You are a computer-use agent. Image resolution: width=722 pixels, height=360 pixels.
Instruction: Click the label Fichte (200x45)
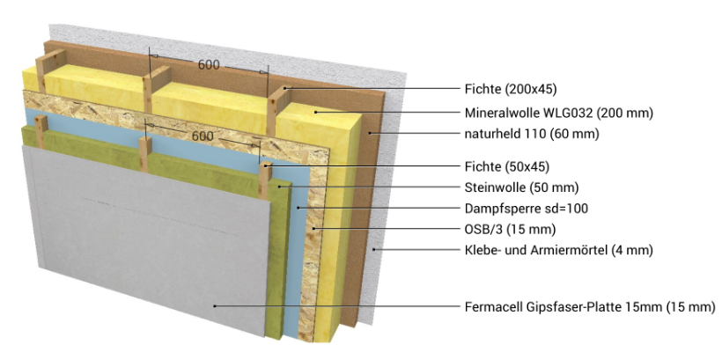pos(511,89)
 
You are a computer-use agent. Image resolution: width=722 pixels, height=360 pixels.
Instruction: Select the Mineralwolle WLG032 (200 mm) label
pos(559,113)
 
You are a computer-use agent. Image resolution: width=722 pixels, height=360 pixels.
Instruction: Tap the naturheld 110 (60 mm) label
pos(532,134)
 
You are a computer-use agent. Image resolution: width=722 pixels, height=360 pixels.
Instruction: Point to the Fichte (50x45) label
pos(507,166)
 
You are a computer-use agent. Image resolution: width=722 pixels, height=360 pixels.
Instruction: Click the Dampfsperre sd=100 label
pos(527,209)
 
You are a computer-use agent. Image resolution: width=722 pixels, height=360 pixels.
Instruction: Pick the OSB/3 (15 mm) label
pos(510,229)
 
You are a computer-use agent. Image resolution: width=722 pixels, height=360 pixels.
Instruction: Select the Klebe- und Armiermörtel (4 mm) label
pos(559,251)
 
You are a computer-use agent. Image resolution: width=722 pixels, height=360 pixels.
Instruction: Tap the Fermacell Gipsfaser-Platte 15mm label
pos(564,307)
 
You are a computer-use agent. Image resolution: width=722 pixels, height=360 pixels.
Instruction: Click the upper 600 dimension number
pos(209,65)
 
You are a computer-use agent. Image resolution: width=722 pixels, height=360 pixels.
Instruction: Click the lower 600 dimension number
pos(203,136)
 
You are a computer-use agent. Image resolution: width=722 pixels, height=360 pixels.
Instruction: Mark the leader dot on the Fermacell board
pos(215,306)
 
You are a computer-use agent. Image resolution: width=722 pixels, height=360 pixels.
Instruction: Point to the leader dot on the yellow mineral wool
pos(316,112)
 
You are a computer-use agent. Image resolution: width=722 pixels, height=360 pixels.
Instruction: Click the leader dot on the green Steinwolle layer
pos(279,187)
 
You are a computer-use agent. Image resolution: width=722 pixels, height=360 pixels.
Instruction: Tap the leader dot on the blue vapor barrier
pos(298,208)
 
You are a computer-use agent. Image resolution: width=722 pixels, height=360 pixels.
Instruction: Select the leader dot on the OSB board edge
pos(313,228)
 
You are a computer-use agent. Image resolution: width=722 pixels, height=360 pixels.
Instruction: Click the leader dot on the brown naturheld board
pos(369,134)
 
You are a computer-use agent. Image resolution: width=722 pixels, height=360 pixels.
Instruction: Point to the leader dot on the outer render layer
pos(374,249)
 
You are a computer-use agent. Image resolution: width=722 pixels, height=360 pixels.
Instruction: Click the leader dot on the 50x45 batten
pos(266,165)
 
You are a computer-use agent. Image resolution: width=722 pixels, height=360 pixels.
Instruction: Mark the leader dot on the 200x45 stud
pos(285,88)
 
